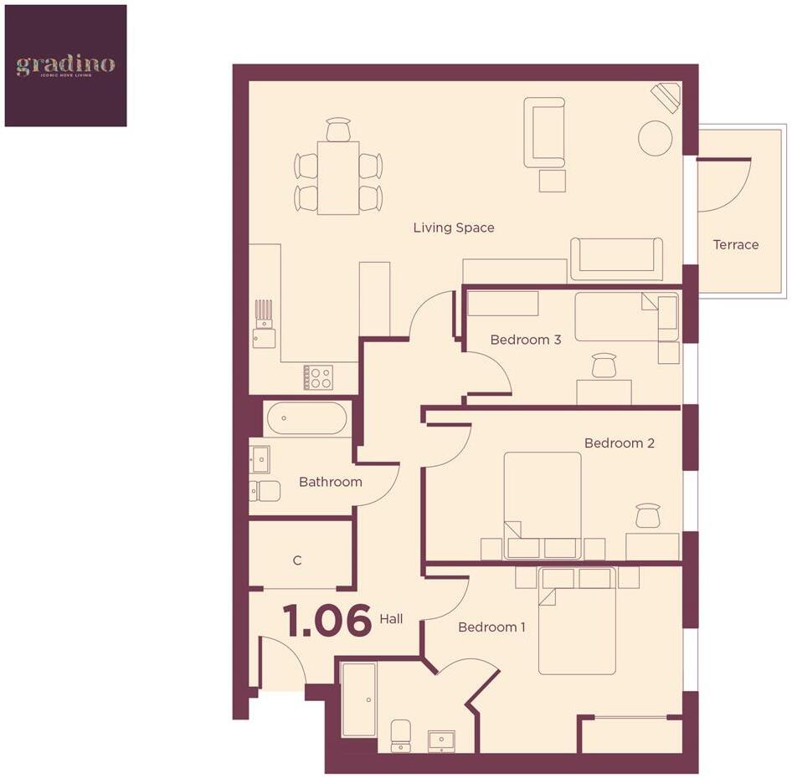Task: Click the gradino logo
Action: click(65, 65)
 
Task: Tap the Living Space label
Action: click(453, 228)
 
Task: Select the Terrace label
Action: click(735, 244)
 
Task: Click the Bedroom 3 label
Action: click(525, 340)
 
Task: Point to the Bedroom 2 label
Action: click(619, 443)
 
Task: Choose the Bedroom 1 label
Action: click(491, 627)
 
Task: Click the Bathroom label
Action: click(330, 482)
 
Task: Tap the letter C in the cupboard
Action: click(297, 560)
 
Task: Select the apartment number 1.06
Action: click(327, 621)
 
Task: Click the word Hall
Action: click(391, 619)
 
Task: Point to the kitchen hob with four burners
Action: click(318, 377)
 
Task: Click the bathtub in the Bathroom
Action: click(306, 418)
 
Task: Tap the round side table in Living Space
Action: click(655, 136)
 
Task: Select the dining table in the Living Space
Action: click(337, 177)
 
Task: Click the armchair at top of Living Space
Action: click(544, 132)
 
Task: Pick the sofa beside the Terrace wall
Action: click(616, 259)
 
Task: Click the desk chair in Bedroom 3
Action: click(604, 366)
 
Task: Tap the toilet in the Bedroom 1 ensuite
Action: click(401, 734)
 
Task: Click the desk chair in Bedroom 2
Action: click(647, 515)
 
